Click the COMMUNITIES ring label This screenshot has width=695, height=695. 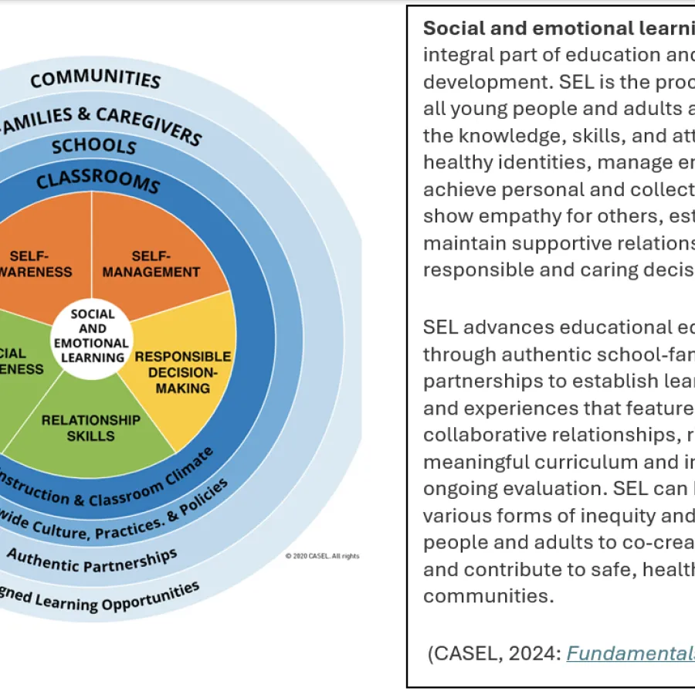pyautogui.click(x=96, y=78)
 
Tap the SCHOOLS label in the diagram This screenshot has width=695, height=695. pyautogui.click(x=93, y=145)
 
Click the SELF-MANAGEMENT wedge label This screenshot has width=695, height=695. pyautogui.click(x=151, y=264)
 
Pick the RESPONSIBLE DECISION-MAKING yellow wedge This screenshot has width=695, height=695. pyautogui.click(x=183, y=371)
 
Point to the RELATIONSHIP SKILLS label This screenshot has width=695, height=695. pyautogui.click(x=90, y=428)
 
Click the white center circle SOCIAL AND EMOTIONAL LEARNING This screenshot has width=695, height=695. pyautogui.click(x=93, y=336)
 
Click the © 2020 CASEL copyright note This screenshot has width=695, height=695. pyautogui.click(x=322, y=556)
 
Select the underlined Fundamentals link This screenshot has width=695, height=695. pyautogui.click(x=630, y=653)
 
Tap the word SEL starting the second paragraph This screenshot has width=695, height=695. pyautogui.click(x=441, y=327)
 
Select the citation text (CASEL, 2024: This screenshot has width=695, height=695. pyautogui.click(x=494, y=653)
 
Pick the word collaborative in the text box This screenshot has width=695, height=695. pyautogui.click(x=479, y=435)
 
